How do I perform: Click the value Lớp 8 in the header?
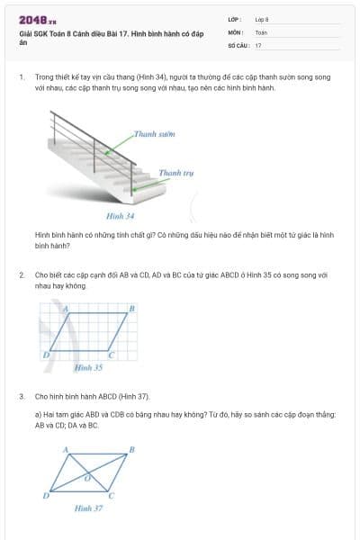click(x=262, y=19)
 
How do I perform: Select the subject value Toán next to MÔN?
click(x=260, y=31)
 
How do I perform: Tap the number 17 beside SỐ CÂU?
click(x=258, y=44)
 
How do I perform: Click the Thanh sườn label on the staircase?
click(x=153, y=133)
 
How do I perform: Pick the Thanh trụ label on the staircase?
click(x=175, y=172)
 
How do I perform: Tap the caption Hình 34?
click(x=120, y=216)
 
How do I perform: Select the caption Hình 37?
click(x=88, y=508)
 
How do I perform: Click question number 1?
click(x=21, y=77)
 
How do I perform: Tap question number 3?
click(x=21, y=396)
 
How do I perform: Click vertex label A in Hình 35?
click(x=65, y=309)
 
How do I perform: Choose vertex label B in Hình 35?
click(x=132, y=309)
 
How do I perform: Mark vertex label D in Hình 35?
click(x=45, y=355)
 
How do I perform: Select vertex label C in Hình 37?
click(x=112, y=495)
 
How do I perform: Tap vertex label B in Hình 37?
click(x=132, y=448)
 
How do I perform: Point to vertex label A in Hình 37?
click(x=65, y=448)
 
